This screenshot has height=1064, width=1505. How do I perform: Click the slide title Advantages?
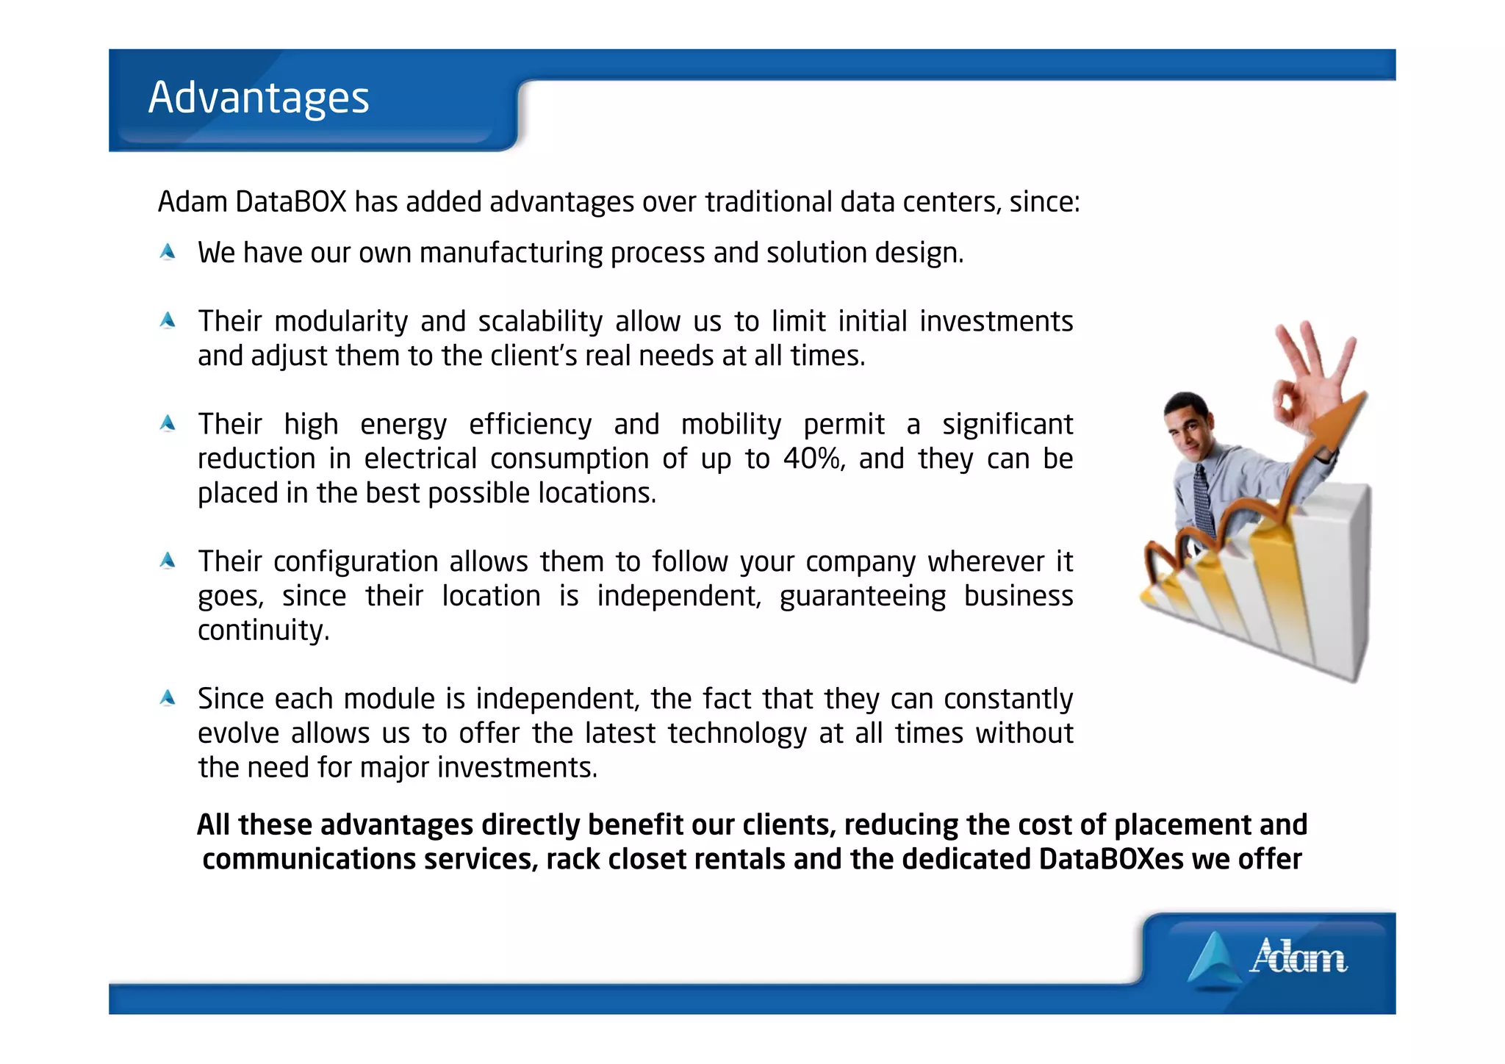point(259,98)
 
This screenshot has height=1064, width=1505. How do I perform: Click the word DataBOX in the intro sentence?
point(290,202)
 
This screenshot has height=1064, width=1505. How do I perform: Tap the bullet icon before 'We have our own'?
point(168,252)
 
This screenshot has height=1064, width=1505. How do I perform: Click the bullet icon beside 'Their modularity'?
point(168,320)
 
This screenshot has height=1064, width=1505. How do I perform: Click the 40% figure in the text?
point(812,459)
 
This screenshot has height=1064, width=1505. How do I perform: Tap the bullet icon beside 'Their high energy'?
point(168,423)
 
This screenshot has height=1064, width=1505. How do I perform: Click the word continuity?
point(263,630)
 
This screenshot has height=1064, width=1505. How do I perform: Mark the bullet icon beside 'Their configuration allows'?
point(168,561)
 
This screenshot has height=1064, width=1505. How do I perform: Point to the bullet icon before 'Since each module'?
point(168,698)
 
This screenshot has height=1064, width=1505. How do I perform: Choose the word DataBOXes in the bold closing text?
point(1111,859)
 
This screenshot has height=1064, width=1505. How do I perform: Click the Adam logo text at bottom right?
point(1298,957)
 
